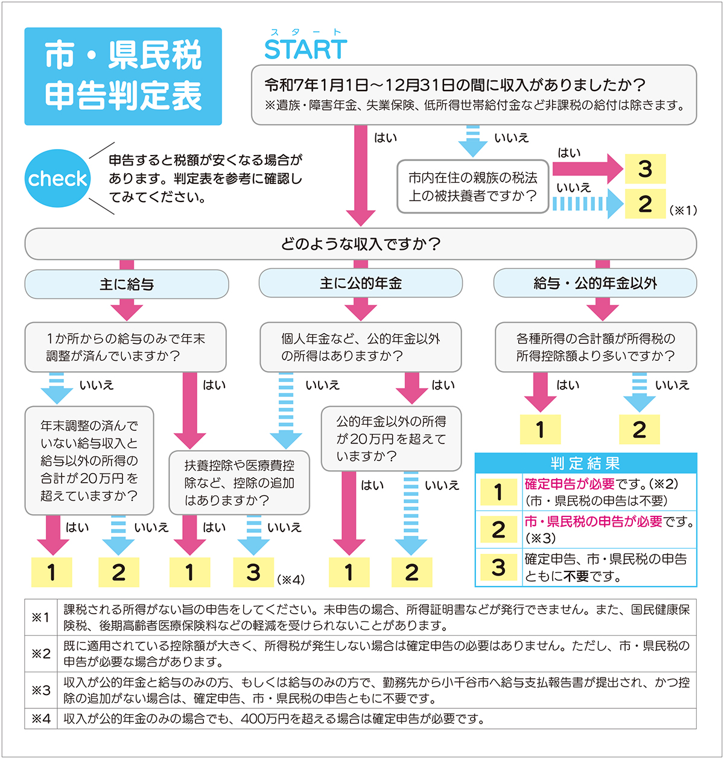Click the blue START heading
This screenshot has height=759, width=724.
click(305, 49)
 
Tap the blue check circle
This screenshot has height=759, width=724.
click(57, 179)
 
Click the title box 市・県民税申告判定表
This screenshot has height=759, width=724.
click(123, 77)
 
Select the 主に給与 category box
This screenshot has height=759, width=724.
click(127, 284)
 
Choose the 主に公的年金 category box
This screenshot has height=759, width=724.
click(360, 284)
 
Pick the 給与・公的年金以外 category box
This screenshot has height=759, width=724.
click(595, 284)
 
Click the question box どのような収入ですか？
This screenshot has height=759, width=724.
click(360, 244)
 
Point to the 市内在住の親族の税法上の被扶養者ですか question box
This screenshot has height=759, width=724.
click(472, 186)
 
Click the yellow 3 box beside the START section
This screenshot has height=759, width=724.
click(644, 169)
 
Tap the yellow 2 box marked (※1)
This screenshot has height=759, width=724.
click(644, 204)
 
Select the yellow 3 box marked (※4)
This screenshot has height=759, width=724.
click(253, 572)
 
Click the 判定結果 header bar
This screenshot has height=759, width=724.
click(585, 463)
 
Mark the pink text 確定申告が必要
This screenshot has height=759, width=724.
click(570, 484)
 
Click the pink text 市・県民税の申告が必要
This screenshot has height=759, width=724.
click(593, 521)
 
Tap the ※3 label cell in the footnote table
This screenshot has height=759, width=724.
click(41, 690)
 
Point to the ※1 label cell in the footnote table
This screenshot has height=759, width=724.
click(41, 617)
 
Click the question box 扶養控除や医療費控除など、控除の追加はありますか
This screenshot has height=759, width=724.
click(239, 483)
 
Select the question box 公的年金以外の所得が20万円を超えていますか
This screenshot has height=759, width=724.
click(391, 439)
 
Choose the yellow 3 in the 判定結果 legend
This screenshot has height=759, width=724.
click(498, 567)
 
